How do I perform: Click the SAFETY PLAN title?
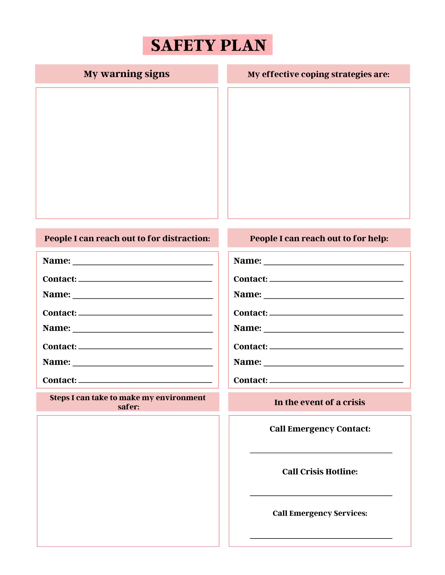tap(208, 45)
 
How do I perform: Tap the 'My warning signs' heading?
tap(126, 74)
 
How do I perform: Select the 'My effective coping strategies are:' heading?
tap(318, 74)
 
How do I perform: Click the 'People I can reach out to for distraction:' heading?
tap(127, 238)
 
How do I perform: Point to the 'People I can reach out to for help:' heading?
tap(319, 238)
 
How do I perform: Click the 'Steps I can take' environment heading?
tap(128, 402)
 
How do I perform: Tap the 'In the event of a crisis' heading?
tap(319, 402)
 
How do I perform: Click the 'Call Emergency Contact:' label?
tap(320, 429)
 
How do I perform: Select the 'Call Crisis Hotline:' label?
tap(320, 471)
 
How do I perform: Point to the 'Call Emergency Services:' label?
tap(320, 513)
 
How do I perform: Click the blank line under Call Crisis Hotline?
tap(321, 495)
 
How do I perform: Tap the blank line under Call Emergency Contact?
tap(321, 453)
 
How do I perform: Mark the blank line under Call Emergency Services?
tap(321, 538)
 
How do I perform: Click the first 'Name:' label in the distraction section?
tap(56, 260)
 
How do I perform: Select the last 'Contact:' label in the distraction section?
tap(60, 380)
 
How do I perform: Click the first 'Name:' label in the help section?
tap(247, 260)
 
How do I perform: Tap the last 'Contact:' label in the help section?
tap(251, 380)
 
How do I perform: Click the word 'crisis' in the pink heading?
tap(354, 402)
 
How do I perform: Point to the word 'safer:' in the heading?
tap(128, 407)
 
